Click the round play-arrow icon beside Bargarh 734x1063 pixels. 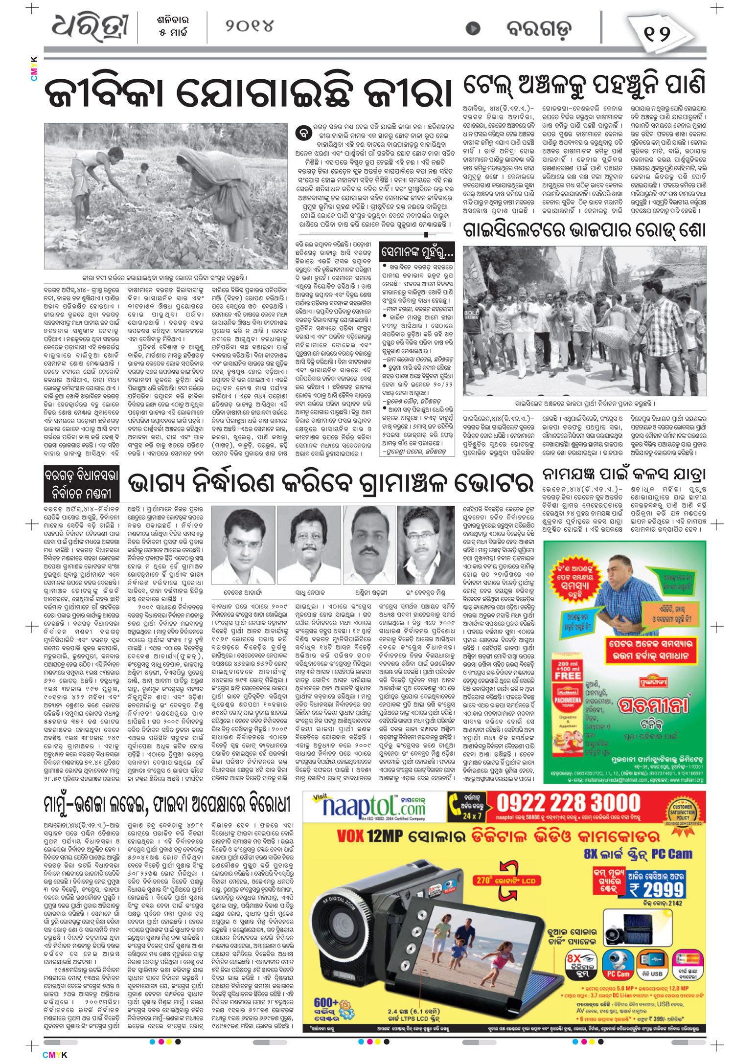473,28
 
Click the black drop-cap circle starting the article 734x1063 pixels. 304,133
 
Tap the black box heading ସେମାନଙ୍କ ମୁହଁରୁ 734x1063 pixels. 417,252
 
